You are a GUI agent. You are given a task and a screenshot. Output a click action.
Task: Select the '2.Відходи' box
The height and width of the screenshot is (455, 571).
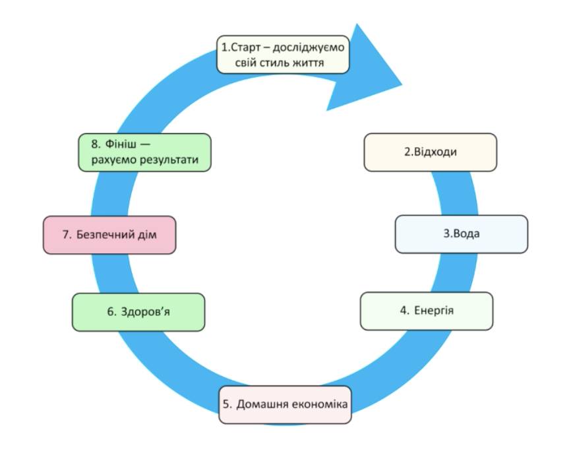coord(430,152)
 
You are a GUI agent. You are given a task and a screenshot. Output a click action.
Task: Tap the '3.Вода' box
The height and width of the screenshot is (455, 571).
coord(461,234)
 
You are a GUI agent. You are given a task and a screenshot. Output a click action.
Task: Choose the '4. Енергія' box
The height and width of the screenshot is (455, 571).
coord(427,310)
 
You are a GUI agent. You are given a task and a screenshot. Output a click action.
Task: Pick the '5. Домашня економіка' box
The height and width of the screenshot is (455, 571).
coord(285,404)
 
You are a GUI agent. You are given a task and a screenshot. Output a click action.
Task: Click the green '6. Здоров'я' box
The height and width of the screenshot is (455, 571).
coord(138,312)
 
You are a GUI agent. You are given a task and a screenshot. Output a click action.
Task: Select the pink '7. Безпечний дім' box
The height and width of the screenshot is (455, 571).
coord(109,235)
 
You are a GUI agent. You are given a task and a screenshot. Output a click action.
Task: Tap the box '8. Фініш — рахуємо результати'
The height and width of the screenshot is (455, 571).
coord(144,152)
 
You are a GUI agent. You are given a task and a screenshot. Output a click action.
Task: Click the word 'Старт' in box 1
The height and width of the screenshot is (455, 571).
coord(245,47)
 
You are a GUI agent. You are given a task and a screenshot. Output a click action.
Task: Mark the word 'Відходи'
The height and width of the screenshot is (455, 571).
coord(436,152)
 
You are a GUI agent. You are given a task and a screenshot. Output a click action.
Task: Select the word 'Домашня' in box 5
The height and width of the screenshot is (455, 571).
coord(258,404)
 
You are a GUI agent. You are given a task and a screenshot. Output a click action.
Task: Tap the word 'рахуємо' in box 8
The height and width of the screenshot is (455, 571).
coord(109,160)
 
